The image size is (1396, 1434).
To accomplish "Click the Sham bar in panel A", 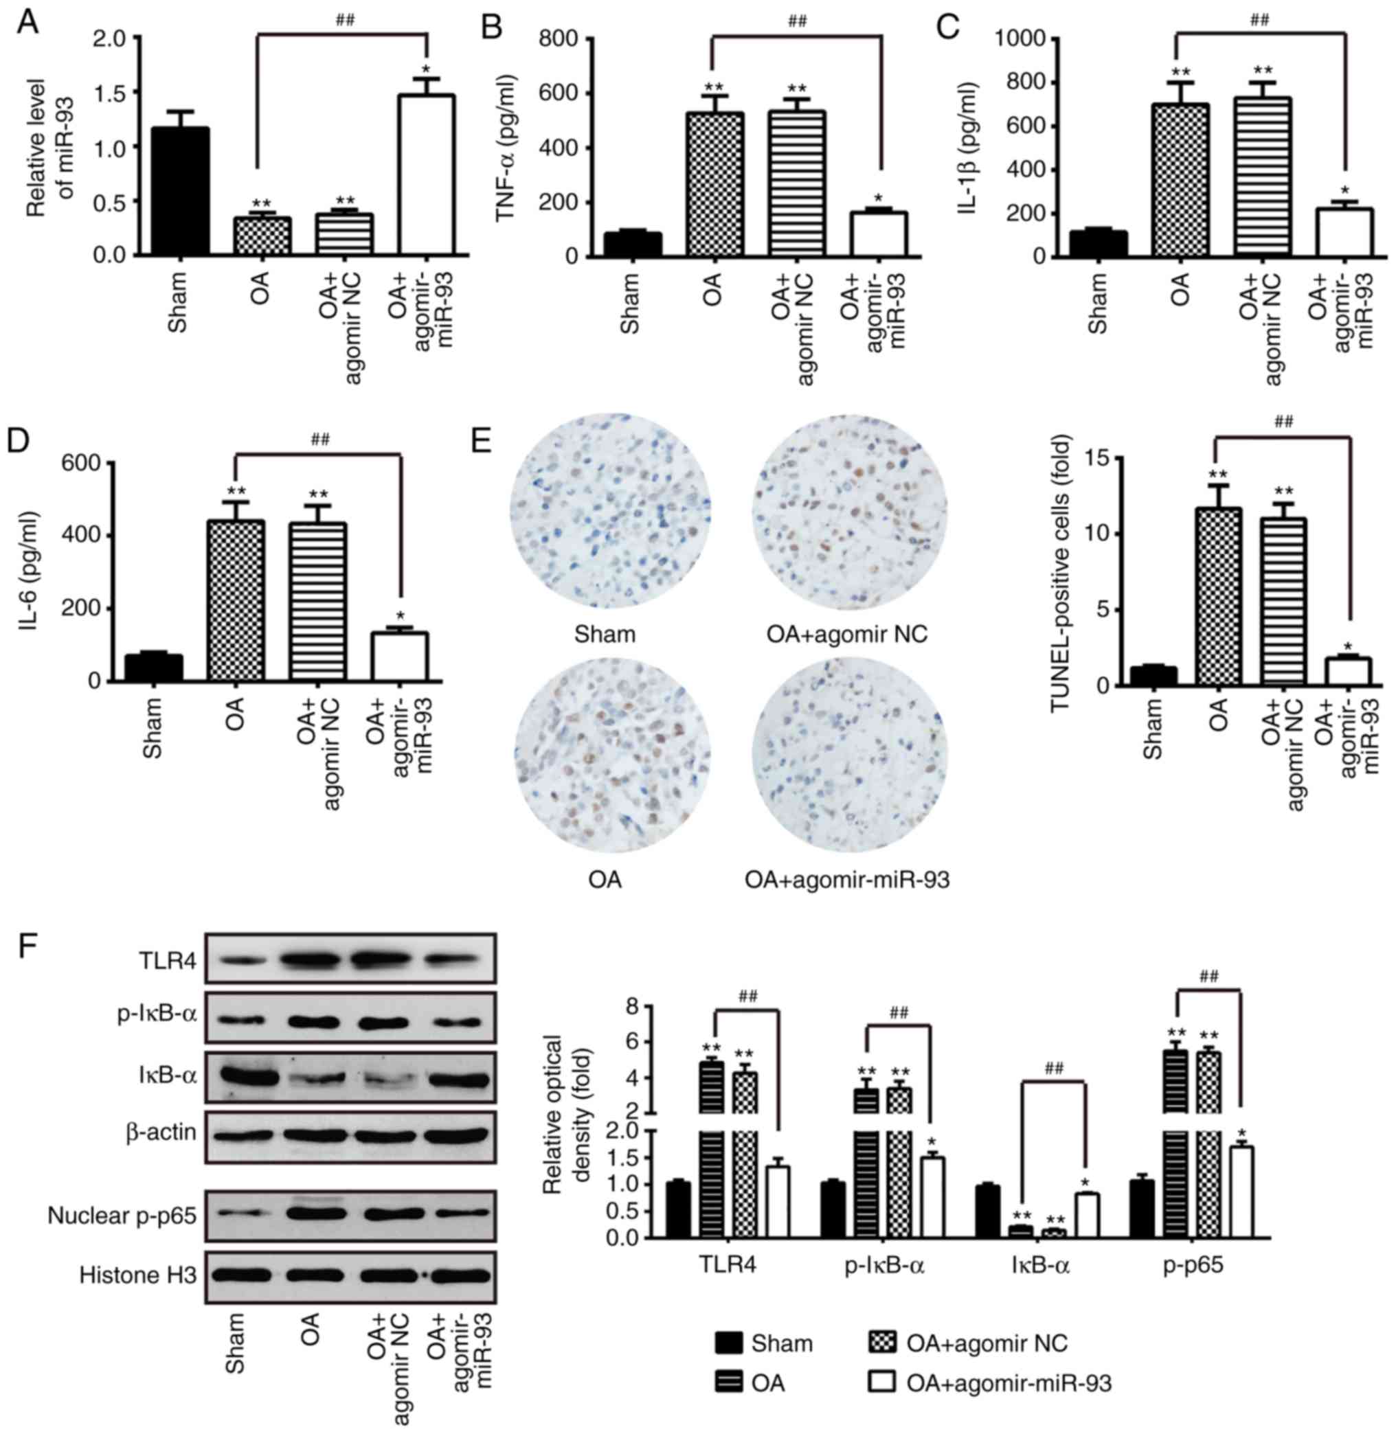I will tap(177, 192).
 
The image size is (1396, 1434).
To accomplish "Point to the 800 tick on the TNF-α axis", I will tap(565, 38).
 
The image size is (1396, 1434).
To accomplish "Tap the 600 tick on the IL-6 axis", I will tap(88, 464).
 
